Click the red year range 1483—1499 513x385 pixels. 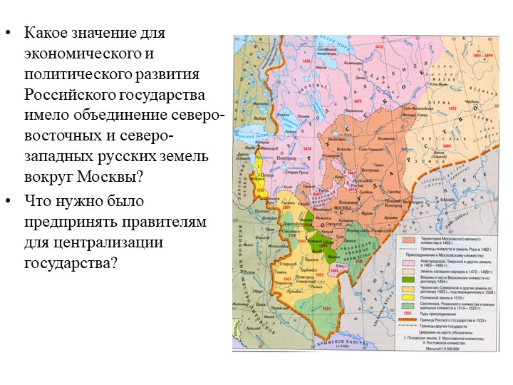480,54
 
